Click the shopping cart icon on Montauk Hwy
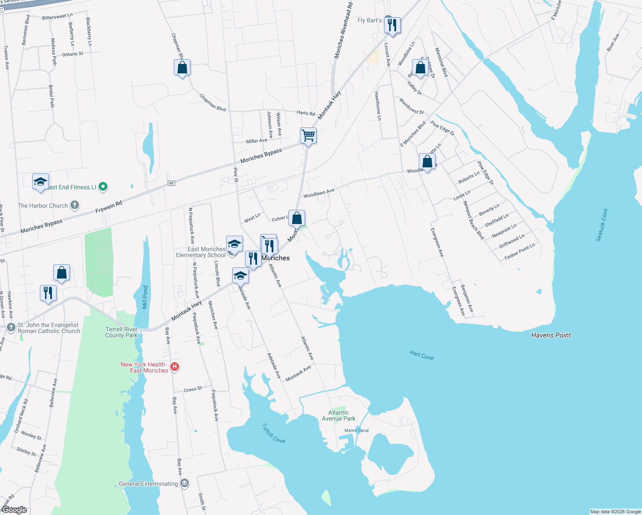(x=308, y=136)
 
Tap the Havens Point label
(x=551, y=335)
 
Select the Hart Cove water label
(x=421, y=355)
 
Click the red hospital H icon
(x=175, y=367)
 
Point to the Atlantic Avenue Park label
(x=339, y=415)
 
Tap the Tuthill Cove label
(x=273, y=433)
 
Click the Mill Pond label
(x=145, y=297)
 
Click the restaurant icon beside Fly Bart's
(x=392, y=25)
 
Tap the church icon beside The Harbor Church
(x=75, y=205)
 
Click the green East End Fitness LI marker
(x=103, y=187)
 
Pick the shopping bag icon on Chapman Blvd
(x=182, y=68)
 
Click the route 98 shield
(x=171, y=183)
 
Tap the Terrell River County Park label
(x=121, y=332)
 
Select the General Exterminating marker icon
(x=185, y=483)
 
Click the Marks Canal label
(x=357, y=430)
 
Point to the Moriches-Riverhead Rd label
(x=344, y=30)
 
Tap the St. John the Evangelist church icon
(x=12, y=327)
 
